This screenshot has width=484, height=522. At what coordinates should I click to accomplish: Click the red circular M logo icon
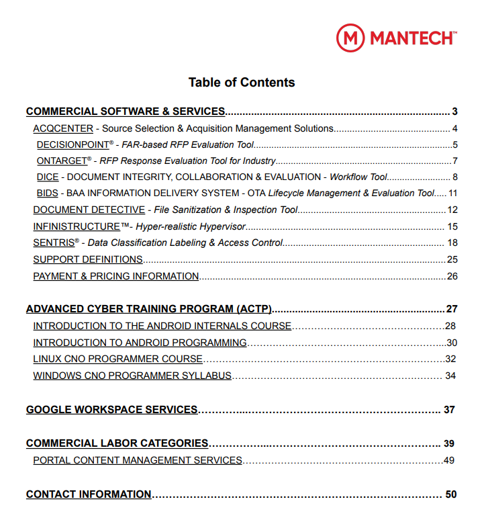[350, 38]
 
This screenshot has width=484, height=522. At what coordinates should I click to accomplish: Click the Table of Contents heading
[242, 83]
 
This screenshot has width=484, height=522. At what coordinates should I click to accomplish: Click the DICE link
[47, 177]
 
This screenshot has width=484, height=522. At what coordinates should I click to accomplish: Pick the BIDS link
[47, 193]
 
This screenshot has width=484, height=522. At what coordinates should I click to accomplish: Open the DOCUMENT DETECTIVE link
[89, 210]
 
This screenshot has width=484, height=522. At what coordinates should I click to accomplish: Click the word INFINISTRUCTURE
[77, 226]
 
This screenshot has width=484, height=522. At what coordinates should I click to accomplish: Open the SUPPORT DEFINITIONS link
[87, 259]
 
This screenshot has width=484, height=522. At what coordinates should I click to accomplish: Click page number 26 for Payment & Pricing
[452, 276]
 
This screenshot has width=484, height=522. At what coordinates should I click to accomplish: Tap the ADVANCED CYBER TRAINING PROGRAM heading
[148, 309]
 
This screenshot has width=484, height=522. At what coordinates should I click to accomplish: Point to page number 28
[450, 326]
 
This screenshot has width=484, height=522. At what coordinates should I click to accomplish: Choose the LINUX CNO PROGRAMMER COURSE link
[117, 359]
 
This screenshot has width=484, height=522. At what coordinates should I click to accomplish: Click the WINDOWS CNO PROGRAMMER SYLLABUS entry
[132, 376]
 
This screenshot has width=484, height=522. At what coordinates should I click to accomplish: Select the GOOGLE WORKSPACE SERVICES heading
[111, 409]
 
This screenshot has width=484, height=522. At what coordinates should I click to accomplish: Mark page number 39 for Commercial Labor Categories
[449, 443]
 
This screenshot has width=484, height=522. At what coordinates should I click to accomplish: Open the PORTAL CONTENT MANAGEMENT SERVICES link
[137, 460]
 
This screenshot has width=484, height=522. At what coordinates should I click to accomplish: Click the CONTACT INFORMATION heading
[89, 494]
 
